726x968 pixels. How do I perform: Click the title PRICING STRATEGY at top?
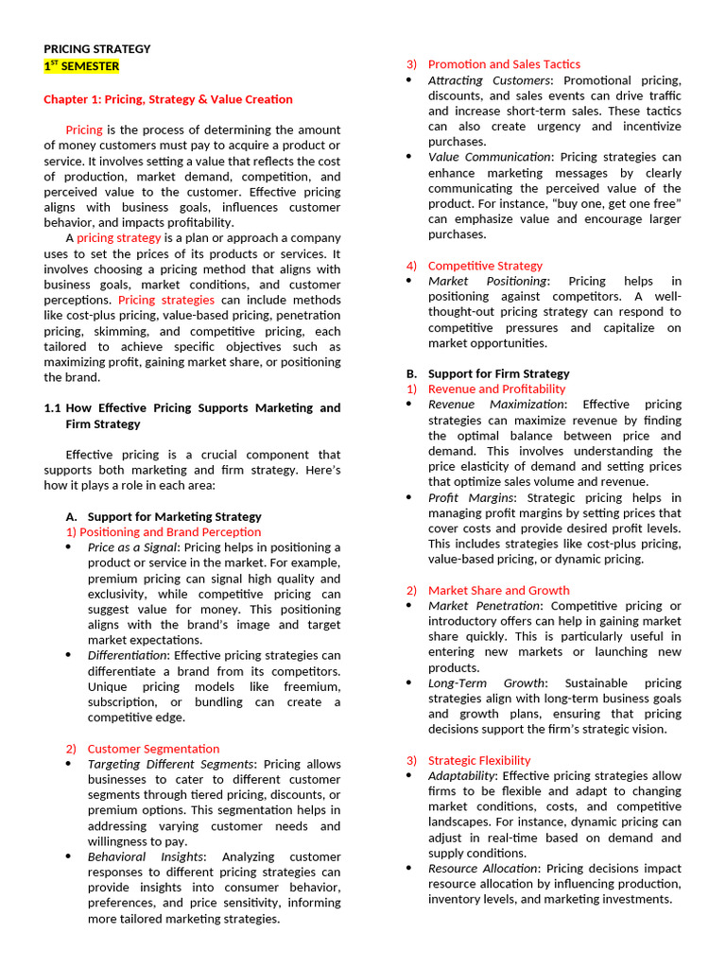[x=97, y=49]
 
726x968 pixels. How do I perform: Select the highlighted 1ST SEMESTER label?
[x=81, y=66]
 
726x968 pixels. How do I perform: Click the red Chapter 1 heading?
[x=168, y=99]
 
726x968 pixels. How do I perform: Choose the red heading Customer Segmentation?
[x=153, y=749]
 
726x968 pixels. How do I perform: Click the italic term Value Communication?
[x=489, y=157]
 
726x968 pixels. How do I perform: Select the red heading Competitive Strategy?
[x=485, y=266]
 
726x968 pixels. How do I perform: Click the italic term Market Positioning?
[x=487, y=281]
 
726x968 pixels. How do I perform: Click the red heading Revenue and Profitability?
[x=496, y=389]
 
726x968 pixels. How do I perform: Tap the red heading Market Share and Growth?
[x=498, y=590]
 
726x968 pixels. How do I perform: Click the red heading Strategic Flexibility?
[x=479, y=760]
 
